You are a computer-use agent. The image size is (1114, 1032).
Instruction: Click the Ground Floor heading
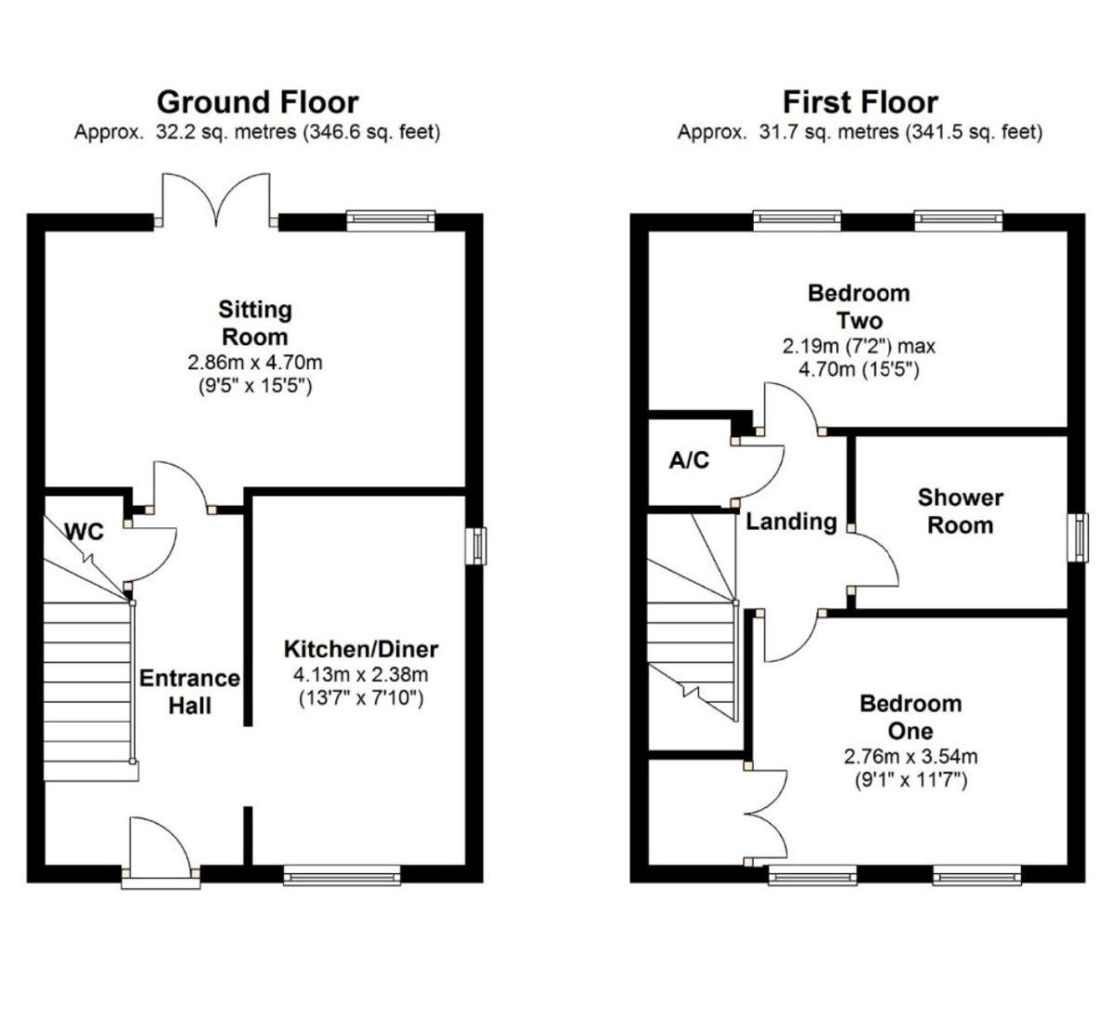click(257, 101)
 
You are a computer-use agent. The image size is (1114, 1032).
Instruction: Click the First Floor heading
click(860, 101)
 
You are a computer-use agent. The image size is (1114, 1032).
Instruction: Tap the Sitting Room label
click(254, 322)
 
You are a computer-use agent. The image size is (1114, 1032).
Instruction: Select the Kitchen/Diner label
click(360, 649)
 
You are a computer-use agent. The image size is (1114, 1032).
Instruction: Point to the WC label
click(84, 532)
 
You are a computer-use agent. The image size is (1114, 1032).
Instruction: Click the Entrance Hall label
click(189, 691)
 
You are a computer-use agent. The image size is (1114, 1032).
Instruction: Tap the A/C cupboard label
click(689, 460)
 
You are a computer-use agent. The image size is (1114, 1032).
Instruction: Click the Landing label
click(791, 522)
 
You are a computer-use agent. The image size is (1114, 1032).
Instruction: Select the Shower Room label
click(960, 511)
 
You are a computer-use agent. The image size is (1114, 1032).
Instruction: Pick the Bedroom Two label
click(859, 307)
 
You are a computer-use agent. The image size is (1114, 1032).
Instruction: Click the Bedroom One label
click(910, 716)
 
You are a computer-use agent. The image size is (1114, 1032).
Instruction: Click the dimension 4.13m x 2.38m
click(360, 675)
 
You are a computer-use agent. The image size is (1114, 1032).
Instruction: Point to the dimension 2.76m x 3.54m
click(910, 756)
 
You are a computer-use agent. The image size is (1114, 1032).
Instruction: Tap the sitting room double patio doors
click(217, 199)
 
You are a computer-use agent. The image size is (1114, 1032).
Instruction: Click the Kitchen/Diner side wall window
click(476, 546)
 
